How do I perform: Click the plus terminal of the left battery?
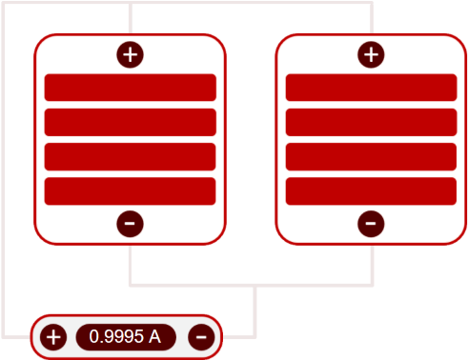131,54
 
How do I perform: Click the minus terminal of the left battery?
131,224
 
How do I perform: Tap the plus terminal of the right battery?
371,54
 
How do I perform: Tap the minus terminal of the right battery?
371,224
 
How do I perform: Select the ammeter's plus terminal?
54,336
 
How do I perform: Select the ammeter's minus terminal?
200,336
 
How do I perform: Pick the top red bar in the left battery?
131,88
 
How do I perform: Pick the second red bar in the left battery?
131,122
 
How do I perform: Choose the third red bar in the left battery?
131,156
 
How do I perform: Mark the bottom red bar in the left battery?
131,190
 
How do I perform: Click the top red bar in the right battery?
371,88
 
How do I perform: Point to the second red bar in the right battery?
371,122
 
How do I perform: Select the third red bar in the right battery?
371,156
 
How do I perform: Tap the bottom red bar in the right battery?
371,190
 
